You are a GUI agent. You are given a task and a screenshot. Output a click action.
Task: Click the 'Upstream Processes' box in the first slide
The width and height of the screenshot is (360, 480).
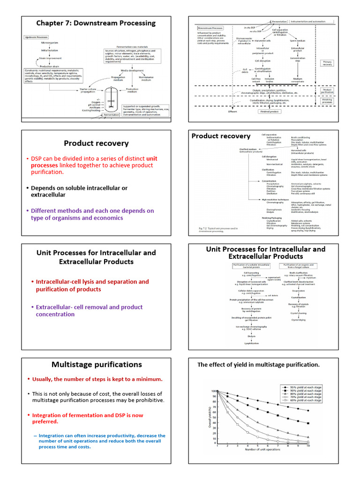(35, 37)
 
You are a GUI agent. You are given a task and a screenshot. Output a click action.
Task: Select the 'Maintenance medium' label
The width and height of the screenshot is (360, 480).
(146, 78)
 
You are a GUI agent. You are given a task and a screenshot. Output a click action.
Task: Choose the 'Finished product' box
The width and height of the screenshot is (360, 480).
(270, 112)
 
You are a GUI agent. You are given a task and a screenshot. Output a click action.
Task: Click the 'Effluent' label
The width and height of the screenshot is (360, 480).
(232, 112)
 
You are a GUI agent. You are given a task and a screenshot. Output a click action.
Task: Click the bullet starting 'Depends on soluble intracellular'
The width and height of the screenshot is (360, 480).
(79, 191)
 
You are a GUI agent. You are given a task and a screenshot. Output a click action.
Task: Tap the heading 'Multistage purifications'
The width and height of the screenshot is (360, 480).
(96, 364)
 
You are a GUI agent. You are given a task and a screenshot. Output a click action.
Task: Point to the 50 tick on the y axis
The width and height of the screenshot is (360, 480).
(214, 417)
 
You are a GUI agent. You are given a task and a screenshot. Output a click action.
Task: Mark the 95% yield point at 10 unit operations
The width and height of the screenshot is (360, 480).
(308, 411)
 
